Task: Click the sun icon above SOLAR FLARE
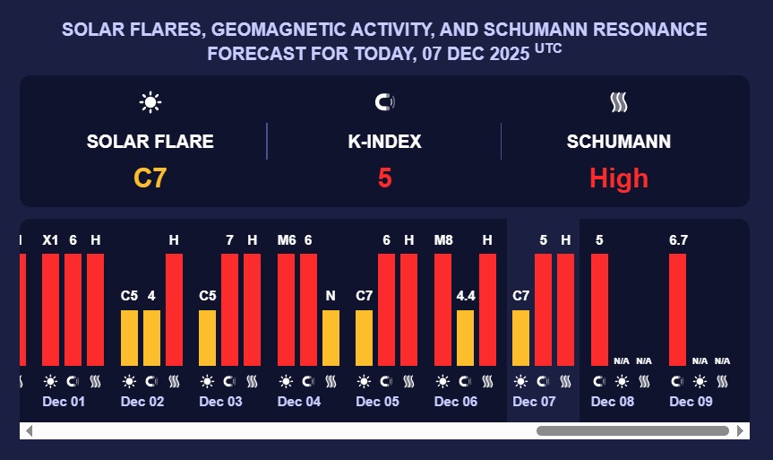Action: click(150, 102)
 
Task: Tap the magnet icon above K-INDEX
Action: click(384, 102)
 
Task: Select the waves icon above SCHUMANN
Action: click(619, 102)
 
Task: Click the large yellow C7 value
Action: click(150, 178)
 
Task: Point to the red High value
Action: click(619, 178)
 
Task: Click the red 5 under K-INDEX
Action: click(384, 178)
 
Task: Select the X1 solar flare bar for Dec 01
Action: click(50, 309)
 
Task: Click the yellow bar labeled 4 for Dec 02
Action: click(151, 337)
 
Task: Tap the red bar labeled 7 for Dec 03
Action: click(229, 309)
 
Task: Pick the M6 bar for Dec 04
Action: click(286, 309)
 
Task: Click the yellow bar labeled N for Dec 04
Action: click(331, 337)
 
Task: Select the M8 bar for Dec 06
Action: click(442, 309)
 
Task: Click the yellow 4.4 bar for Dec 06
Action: click(465, 337)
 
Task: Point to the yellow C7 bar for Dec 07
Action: click(520, 337)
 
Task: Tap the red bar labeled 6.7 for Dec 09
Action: click(678, 309)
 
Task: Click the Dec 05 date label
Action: click(377, 402)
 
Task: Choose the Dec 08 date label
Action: click(613, 402)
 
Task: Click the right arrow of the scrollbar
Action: click(741, 431)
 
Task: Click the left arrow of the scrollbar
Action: click(28, 431)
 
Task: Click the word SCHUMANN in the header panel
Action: click(619, 142)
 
